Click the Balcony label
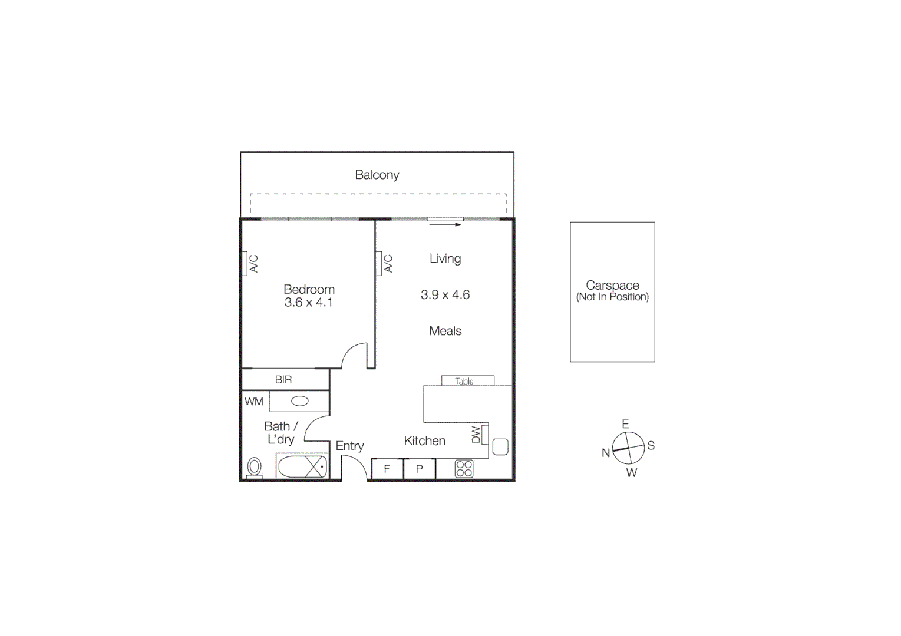point(377,175)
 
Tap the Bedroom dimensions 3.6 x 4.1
point(308,303)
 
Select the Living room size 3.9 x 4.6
point(445,295)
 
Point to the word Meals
point(445,331)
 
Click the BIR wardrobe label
point(283,380)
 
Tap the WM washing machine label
point(254,402)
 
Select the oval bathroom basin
point(300,402)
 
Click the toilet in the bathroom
point(255,467)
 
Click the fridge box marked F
point(387,469)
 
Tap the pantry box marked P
point(420,469)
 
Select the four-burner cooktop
point(464,469)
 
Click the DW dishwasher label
point(476,435)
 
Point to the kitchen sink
point(500,447)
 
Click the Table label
point(464,381)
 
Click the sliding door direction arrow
point(445,224)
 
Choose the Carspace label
point(612,286)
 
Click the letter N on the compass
point(605,453)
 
